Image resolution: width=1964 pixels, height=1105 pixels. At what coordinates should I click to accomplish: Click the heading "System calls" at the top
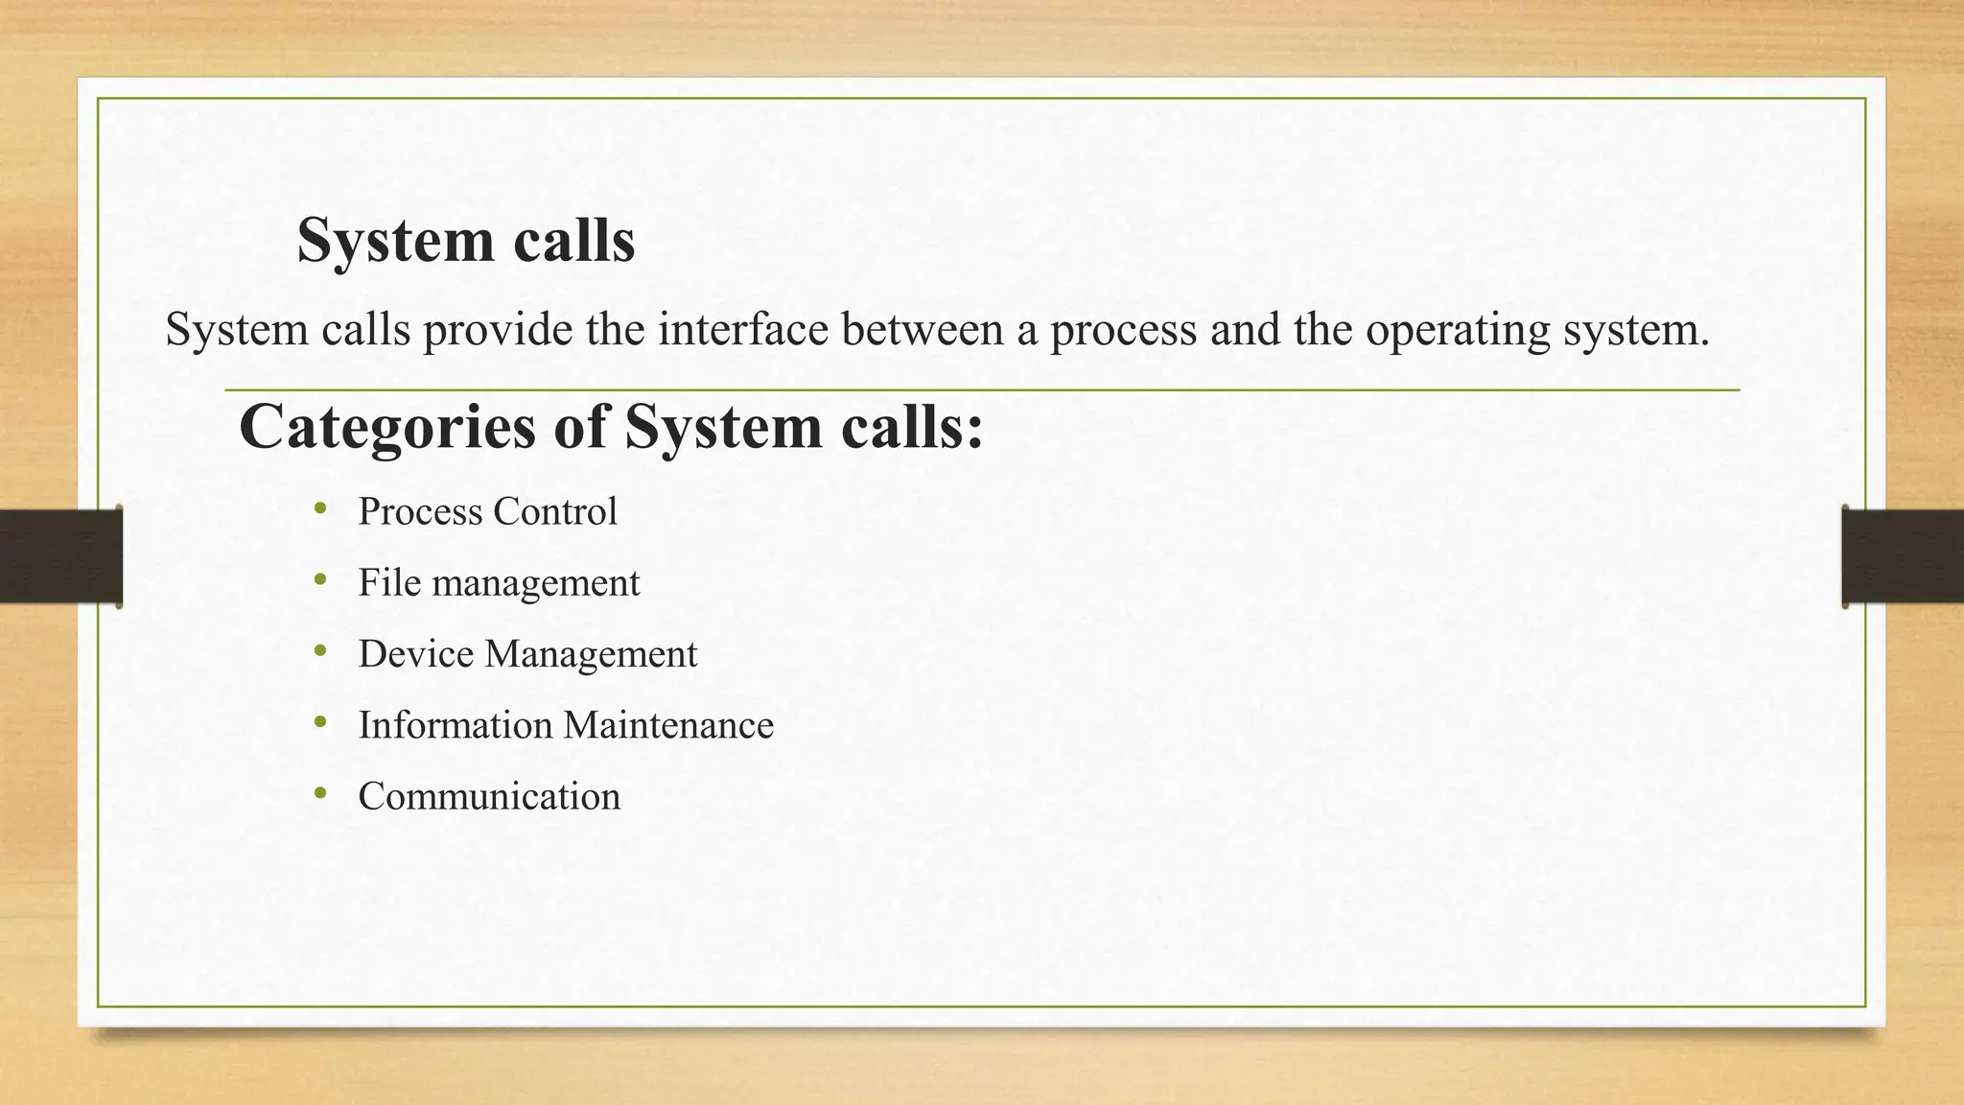(x=465, y=240)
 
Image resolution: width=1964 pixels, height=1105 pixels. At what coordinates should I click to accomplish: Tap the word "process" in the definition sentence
(x=1123, y=331)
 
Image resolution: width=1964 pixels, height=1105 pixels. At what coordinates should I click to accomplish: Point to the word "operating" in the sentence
(x=1458, y=331)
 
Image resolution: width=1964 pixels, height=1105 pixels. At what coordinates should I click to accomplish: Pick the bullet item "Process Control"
(x=487, y=511)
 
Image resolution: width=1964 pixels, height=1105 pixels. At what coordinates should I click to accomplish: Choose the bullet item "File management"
(x=499, y=583)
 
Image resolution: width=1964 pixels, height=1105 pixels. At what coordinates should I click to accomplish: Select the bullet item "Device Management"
(x=527, y=654)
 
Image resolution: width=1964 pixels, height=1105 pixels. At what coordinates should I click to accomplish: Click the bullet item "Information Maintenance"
(x=566, y=725)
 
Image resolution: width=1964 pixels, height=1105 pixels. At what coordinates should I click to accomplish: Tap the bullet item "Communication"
(x=489, y=796)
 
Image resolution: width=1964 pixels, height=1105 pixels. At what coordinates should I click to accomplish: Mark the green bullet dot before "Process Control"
(x=320, y=508)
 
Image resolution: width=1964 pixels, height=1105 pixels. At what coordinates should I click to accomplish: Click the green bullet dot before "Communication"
(x=320, y=793)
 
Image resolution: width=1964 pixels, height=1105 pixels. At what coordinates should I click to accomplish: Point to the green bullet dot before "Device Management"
(x=320, y=651)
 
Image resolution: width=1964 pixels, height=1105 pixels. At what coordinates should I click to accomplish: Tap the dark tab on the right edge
(x=1903, y=556)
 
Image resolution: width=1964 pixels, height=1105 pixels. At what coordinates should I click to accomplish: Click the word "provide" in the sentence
(x=498, y=331)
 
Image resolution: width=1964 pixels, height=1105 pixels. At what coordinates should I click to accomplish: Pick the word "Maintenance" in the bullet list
(x=668, y=725)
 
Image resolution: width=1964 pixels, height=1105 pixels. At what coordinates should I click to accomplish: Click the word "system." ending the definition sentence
(x=1636, y=331)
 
